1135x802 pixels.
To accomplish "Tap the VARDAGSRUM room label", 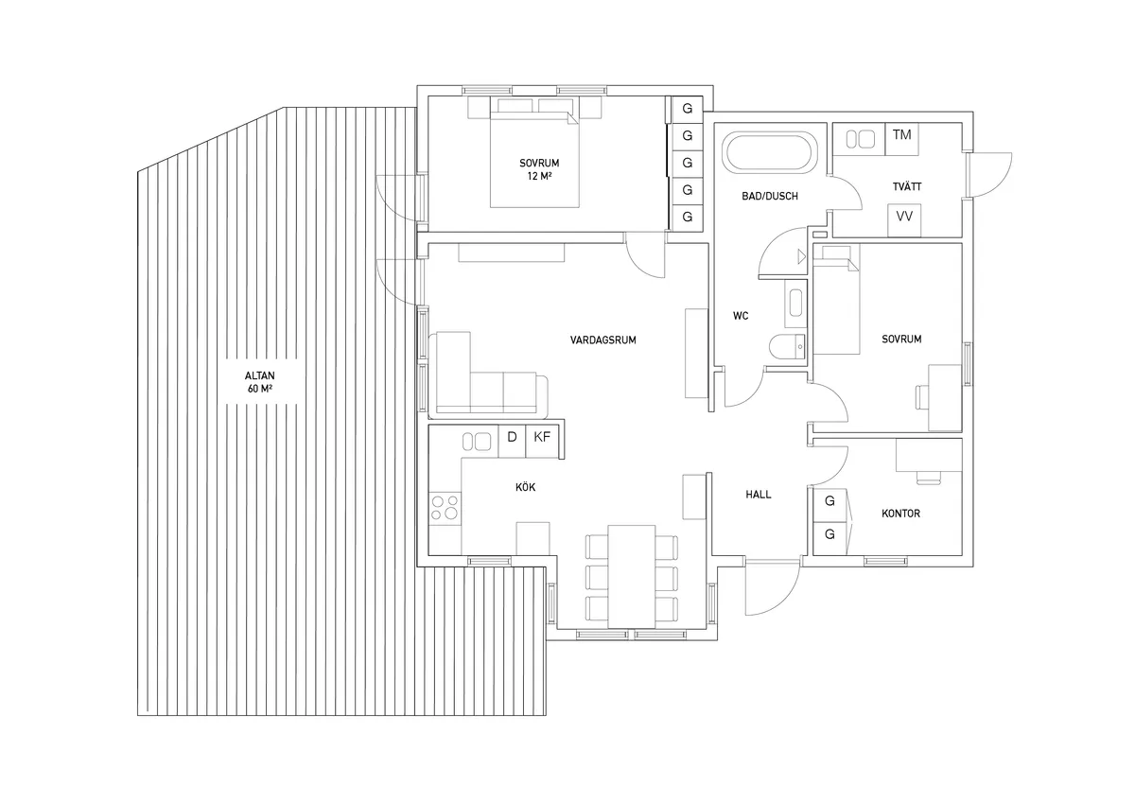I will click(602, 340).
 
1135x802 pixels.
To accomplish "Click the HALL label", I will click(758, 494).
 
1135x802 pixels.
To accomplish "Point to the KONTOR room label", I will click(899, 514).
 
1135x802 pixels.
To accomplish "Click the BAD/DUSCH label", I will click(770, 197).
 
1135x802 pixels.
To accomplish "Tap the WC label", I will click(741, 316).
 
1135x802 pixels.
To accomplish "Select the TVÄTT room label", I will click(905, 187).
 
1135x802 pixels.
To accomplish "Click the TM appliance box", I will click(901, 135).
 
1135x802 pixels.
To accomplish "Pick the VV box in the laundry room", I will click(904, 216).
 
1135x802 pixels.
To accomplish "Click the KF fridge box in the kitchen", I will click(542, 437).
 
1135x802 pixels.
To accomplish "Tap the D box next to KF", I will click(512, 437).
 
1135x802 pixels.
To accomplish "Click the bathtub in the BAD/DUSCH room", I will click(767, 153).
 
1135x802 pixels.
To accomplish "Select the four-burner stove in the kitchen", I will click(445, 508).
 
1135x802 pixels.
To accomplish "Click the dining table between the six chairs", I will click(632, 575).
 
